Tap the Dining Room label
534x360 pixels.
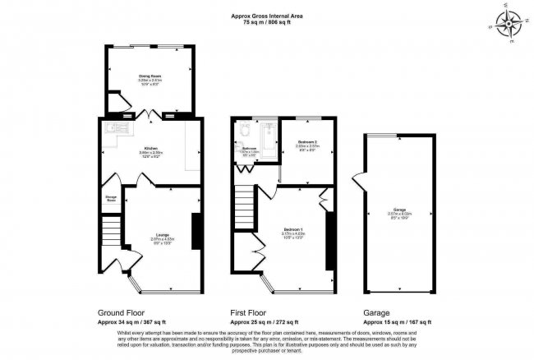pyautogui.click(x=149, y=76)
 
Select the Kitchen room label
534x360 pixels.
pyautogui.click(x=150, y=148)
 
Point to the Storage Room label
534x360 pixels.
pyautogui.click(x=109, y=199)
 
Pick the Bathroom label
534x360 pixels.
pyautogui.click(x=250, y=149)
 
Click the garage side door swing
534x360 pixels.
pyautogui.click(x=357, y=181)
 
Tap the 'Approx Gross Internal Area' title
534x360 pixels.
pyautogui.click(x=267, y=14)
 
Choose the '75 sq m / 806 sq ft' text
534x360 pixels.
pyautogui.click(x=267, y=21)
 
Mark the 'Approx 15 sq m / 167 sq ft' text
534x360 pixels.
pyautogui.click(x=397, y=321)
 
